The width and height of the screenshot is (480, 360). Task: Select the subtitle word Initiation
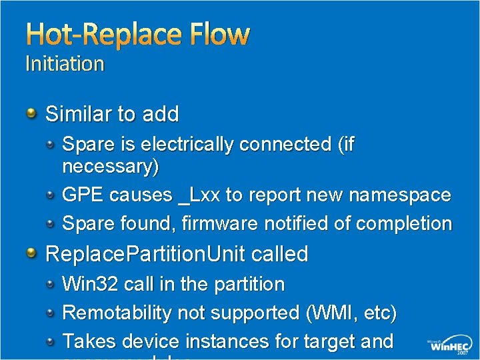tap(65, 64)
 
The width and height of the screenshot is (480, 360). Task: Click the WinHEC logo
tap(450, 347)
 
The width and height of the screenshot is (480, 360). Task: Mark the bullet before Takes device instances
tap(51, 341)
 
